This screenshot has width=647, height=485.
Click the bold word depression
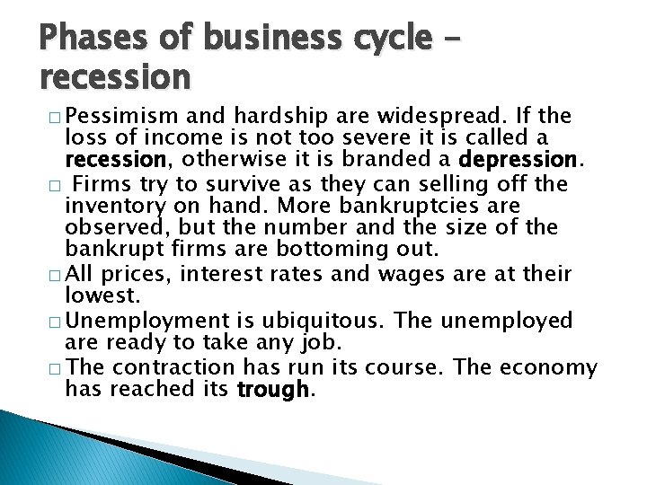click(520, 159)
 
